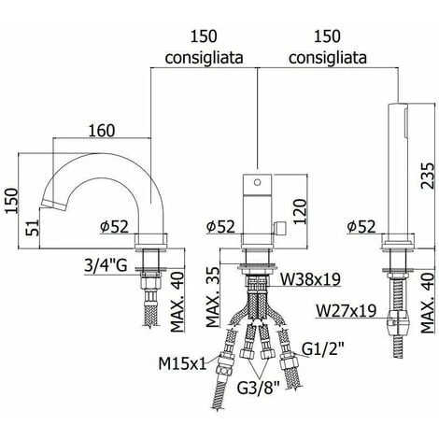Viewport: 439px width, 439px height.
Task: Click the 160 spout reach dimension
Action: pos(102,131)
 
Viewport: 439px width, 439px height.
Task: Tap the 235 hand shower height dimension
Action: pos(427,176)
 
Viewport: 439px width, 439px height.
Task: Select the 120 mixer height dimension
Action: pos(300,211)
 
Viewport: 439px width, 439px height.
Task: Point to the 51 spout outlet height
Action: pos(34,228)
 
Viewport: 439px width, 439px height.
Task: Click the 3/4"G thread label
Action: pos(106,265)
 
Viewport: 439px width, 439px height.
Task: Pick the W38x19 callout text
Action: pos(310,279)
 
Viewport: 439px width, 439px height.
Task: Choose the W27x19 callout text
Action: pos(346,310)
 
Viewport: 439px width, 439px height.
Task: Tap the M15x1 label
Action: pos(182,363)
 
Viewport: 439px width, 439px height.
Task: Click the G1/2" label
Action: pos(323,349)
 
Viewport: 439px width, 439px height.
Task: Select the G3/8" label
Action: pos(259,388)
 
